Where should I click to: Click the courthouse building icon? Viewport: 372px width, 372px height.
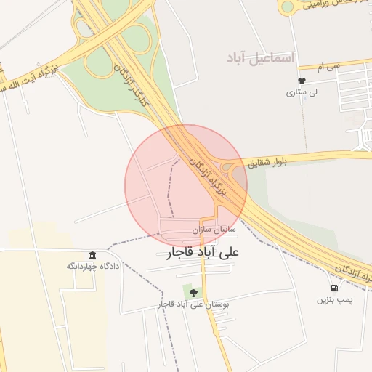click(x=92, y=255)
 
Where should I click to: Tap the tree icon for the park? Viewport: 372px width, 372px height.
click(x=193, y=293)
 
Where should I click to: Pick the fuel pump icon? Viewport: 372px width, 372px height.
click(x=333, y=288)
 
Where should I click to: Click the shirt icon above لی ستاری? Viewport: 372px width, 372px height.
click(x=302, y=81)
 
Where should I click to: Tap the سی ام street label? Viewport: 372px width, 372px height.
click(x=329, y=66)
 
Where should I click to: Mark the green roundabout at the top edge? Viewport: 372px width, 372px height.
click(x=288, y=7)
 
